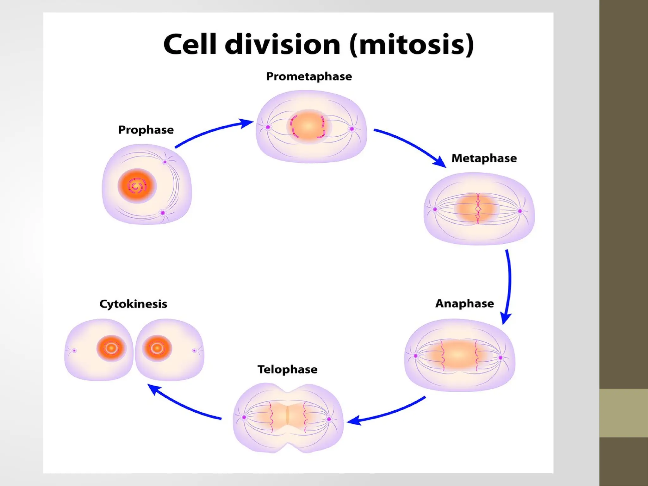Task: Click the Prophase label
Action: pos(146,130)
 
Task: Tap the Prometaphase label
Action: pos(309,76)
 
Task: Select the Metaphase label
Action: pos(484,158)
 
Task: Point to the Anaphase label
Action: pos(464,303)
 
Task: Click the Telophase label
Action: pos(287,369)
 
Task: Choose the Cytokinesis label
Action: pos(133,304)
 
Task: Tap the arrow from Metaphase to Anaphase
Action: pos(509,285)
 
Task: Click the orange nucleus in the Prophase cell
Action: pos(137,186)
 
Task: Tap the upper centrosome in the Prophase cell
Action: pos(165,162)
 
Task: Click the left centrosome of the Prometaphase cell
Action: pos(268,127)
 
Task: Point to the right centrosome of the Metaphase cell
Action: pos(520,211)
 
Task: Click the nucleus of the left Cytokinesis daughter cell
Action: pos(111,348)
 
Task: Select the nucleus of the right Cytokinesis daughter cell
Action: pos(157,348)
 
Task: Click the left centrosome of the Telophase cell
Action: pos(244,417)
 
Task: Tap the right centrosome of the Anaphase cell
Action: pos(501,358)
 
